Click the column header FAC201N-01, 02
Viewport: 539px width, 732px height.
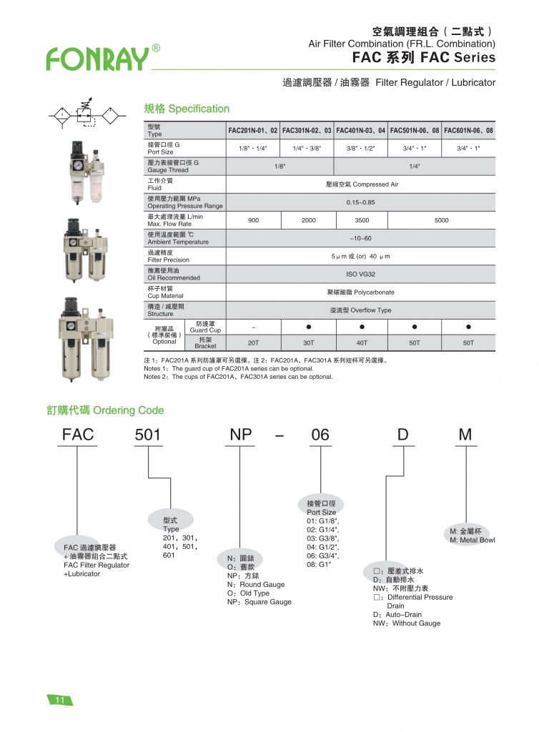pyautogui.click(x=253, y=131)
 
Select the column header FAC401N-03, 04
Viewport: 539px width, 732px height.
pyautogui.click(x=362, y=131)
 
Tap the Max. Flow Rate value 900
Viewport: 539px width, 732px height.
pyautogui.click(x=253, y=220)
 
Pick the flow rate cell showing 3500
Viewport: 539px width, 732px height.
pyautogui.click(x=362, y=220)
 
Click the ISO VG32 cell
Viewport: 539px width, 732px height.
pyautogui.click(x=361, y=274)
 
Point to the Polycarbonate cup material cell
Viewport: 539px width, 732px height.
pyautogui.click(x=361, y=292)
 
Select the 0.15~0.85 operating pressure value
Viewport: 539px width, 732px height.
pyautogui.click(x=361, y=202)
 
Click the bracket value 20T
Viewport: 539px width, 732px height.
pyautogui.click(x=253, y=343)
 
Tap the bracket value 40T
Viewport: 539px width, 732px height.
pyautogui.click(x=362, y=343)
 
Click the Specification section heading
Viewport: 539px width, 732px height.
pyautogui.click(x=187, y=109)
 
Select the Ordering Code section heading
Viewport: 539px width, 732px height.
pyautogui.click(x=105, y=410)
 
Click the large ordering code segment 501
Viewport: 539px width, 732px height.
pyautogui.click(x=148, y=435)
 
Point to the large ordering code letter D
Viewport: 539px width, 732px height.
pyautogui.click(x=403, y=435)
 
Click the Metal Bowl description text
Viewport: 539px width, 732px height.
pyautogui.click(x=472, y=540)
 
